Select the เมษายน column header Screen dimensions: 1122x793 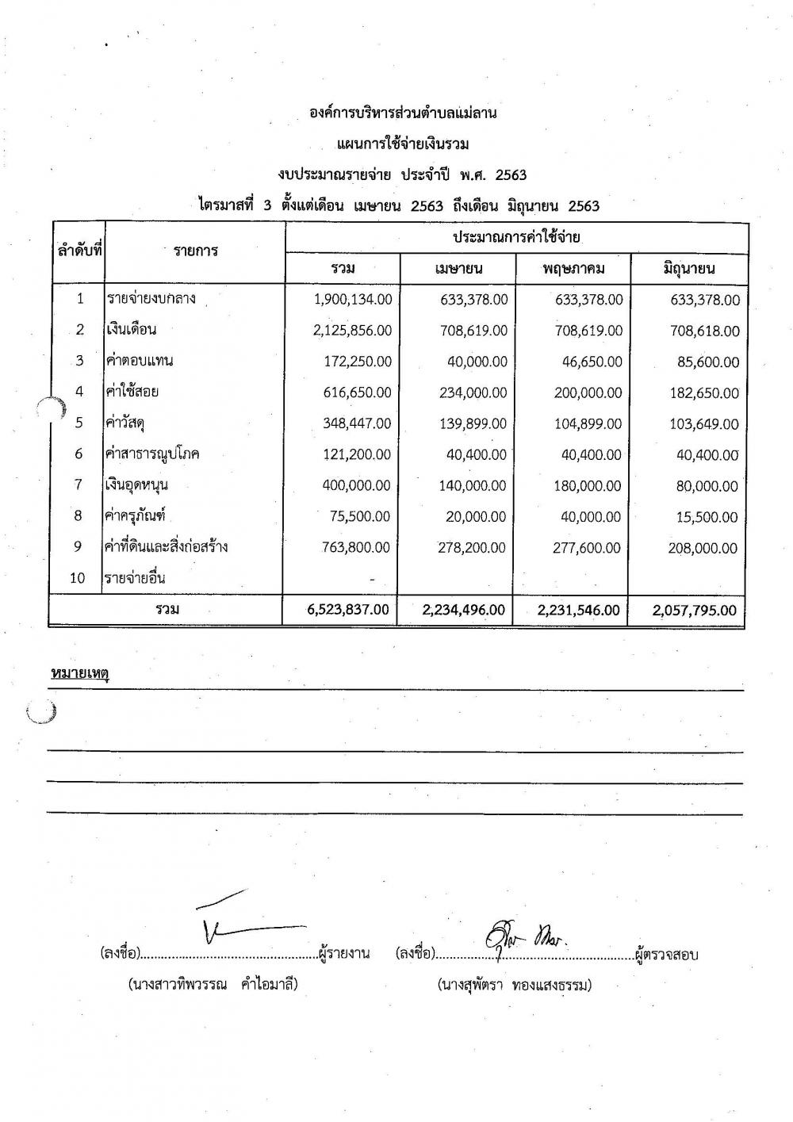pos(458,269)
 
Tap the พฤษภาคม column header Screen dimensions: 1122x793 pos(573,269)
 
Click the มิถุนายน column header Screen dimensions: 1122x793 pos(688,269)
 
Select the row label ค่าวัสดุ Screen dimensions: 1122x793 pos(128,423)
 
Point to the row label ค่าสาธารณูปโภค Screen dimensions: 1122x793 pos(152,454)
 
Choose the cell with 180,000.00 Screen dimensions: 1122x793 pos(586,485)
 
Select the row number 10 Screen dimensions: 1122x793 pos(78,578)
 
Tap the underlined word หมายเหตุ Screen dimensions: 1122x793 pos(79,674)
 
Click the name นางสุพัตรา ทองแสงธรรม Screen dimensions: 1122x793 pos(514,986)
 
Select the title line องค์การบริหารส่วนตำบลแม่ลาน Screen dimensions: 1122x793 pos(403,113)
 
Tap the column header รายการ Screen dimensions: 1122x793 pos(196,251)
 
